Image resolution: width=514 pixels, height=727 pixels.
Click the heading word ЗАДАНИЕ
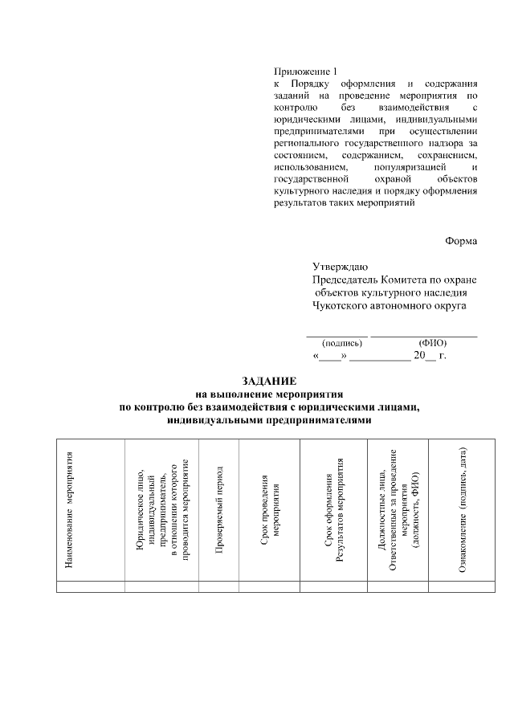pos(270,380)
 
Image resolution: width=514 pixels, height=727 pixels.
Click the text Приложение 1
pos(302,71)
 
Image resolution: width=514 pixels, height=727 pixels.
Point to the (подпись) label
pos(336,342)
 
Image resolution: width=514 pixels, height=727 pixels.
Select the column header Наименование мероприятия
pos(70,511)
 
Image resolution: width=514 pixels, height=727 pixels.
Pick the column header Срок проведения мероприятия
pos(270,510)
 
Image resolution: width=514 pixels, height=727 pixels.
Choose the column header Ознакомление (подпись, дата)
pos(463,510)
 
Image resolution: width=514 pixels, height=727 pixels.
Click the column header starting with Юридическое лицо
pos(163,510)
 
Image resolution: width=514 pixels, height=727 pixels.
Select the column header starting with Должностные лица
pos(398,510)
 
